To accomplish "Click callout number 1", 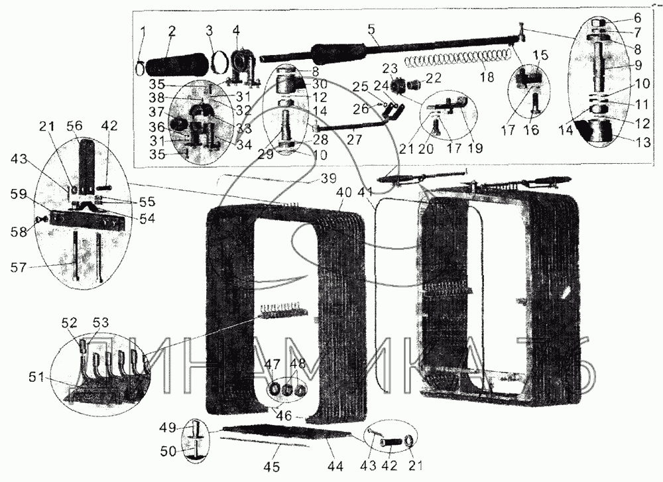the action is (x=143, y=31).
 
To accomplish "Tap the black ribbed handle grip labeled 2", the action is (x=174, y=67).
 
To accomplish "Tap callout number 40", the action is (x=343, y=192).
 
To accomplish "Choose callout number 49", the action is (x=168, y=426).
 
